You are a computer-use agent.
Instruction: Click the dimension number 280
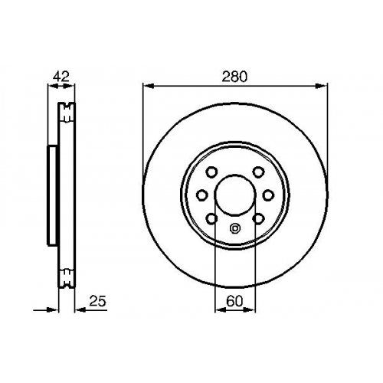pos(234,77)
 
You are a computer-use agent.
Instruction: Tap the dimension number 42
pos(61,77)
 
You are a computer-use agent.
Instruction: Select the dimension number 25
pos(97,302)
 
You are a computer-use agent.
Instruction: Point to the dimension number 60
pos(234,302)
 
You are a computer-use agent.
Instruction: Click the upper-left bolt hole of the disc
pos(211,172)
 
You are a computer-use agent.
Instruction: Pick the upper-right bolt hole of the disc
pos(258,172)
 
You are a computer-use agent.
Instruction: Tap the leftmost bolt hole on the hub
pos(201,195)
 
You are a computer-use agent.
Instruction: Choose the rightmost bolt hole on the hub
pos(268,195)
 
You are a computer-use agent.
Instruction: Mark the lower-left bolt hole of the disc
pos(211,218)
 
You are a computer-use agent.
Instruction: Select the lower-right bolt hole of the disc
pos(258,218)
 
